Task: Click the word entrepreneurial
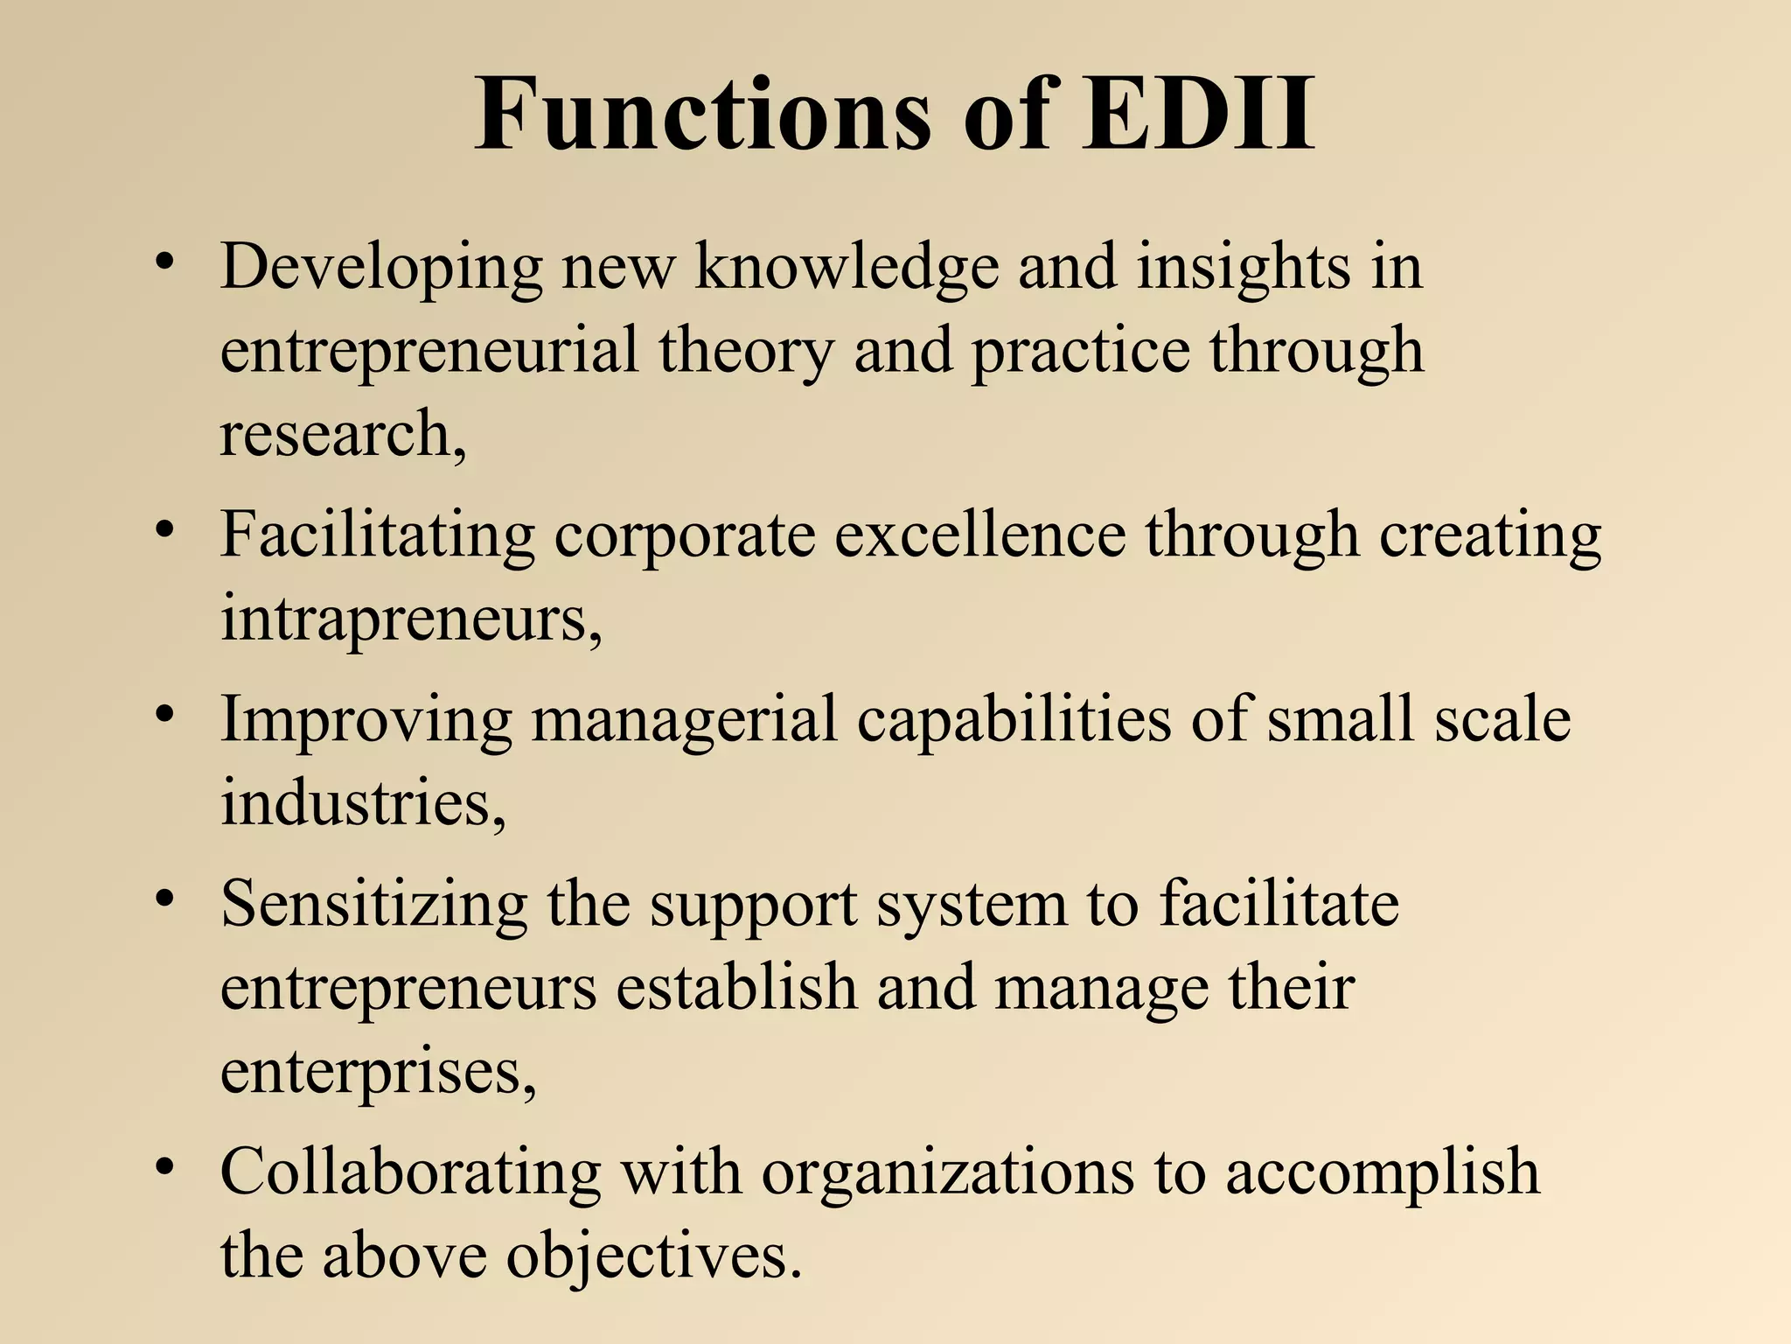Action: (x=429, y=350)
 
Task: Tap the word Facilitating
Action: (x=377, y=535)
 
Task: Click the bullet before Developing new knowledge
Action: (x=164, y=262)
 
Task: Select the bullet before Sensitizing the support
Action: (x=164, y=899)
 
